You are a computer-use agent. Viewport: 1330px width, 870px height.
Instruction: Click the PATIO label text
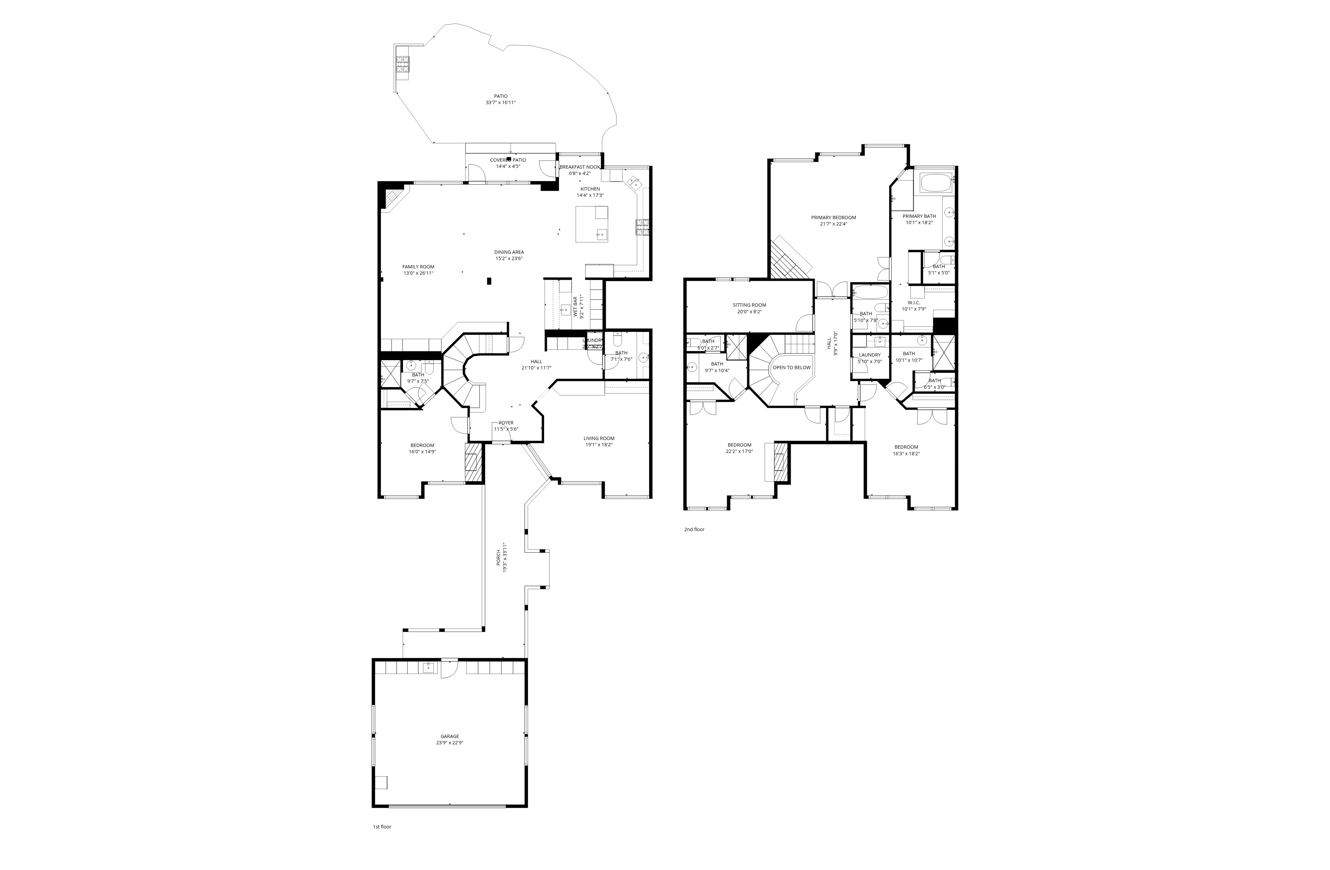pyautogui.click(x=500, y=96)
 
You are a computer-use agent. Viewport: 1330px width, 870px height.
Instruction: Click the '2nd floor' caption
pyautogui.click(x=694, y=529)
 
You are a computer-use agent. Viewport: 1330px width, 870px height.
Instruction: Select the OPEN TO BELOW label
pyautogui.click(x=791, y=368)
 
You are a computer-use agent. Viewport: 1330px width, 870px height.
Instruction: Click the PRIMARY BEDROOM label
pyautogui.click(x=833, y=217)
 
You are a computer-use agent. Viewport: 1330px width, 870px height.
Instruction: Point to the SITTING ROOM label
pyautogui.click(x=749, y=305)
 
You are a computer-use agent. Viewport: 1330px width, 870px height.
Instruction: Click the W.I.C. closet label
pyautogui.click(x=914, y=302)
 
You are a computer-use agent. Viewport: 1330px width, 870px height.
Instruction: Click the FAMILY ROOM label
pyautogui.click(x=418, y=266)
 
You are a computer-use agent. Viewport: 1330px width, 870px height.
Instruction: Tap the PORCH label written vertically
pyautogui.click(x=499, y=557)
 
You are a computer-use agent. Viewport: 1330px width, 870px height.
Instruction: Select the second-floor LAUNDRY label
pyautogui.click(x=869, y=355)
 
